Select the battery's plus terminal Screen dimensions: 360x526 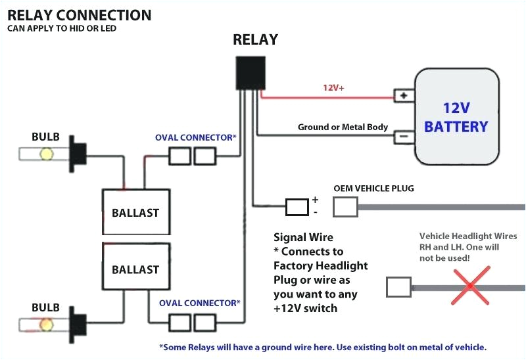(x=402, y=96)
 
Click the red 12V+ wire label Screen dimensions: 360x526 (x=333, y=87)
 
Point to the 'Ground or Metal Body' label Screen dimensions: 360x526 (x=343, y=127)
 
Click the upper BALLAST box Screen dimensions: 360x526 (x=135, y=212)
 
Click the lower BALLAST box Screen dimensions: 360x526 (x=135, y=269)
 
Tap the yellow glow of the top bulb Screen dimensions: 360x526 (x=47, y=154)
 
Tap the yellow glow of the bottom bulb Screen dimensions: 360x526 (x=47, y=325)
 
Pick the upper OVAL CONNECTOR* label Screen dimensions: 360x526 (x=195, y=138)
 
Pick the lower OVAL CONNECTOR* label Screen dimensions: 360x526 (x=200, y=303)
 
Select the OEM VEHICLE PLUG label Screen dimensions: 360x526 (x=373, y=189)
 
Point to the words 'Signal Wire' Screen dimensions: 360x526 (x=303, y=237)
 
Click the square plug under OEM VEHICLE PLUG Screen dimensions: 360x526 (x=345, y=208)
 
